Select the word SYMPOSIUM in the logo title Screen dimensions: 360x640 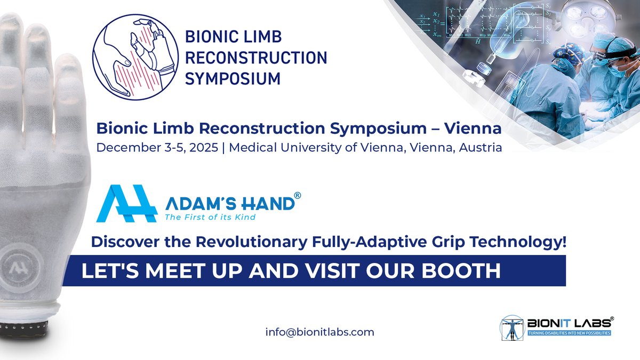coord(232,78)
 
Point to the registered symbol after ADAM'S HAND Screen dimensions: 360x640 coord(298,196)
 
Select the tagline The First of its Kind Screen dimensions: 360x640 coord(210,217)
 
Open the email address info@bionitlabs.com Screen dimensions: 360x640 coord(319,332)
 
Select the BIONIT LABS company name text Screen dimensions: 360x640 coord(568,322)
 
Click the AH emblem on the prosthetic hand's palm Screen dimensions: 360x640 coord(23,265)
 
